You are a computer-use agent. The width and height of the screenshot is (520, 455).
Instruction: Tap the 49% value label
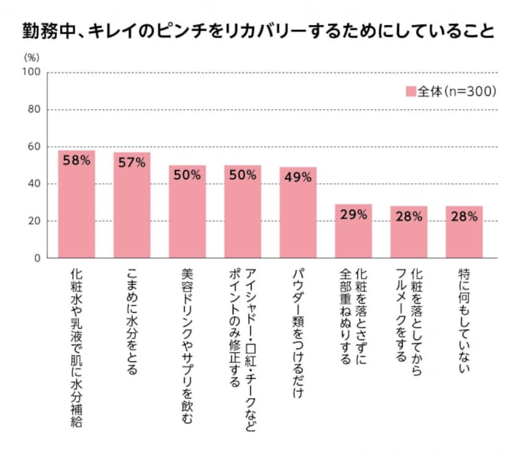298,178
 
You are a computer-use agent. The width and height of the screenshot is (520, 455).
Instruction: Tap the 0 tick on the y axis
38,258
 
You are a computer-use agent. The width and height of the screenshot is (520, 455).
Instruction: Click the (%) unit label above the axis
32,57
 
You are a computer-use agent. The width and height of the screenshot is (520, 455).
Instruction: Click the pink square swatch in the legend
411,92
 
